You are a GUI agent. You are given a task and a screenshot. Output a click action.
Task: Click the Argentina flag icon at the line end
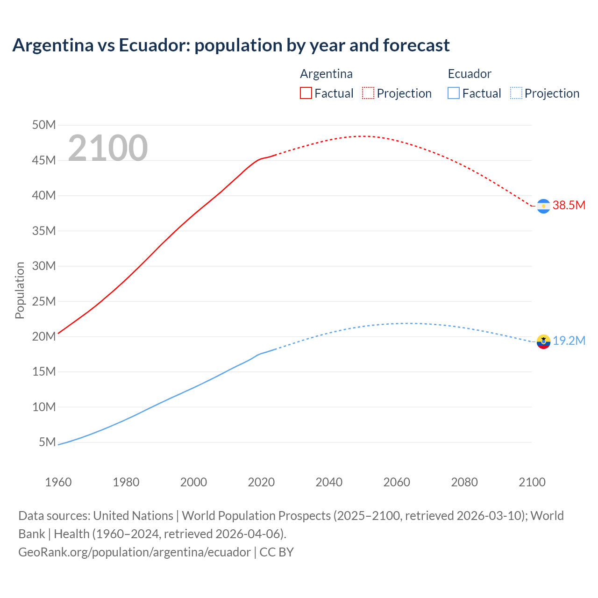[543, 206]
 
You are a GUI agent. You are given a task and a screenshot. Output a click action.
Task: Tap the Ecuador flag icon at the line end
[543, 342]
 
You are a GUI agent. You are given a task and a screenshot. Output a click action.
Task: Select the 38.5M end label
[569, 206]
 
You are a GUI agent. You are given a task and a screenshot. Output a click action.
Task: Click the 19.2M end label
[569, 341]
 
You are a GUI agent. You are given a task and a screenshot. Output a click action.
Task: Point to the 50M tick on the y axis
[44, 125]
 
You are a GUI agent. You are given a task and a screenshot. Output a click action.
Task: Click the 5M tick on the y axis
[47, 442]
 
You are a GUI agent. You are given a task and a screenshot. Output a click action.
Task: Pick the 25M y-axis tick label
[44, 301]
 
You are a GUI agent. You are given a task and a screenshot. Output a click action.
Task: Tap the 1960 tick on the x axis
[58, 482]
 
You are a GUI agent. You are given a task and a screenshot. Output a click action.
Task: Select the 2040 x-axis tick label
[329, 482]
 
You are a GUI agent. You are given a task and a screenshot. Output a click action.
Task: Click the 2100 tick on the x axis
[532, 482]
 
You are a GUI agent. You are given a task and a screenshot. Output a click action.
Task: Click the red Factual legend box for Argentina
[306, 93]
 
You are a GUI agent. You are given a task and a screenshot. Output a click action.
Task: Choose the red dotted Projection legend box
[368, 93]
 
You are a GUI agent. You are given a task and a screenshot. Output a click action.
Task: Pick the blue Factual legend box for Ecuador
[454, 93]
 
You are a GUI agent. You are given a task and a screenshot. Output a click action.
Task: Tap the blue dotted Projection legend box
[516, 93]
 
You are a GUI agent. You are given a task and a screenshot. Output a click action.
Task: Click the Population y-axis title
[20, 290]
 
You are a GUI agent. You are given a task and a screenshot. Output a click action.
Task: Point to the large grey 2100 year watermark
[108, 148]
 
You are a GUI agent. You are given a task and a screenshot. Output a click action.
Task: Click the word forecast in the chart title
[416, 45]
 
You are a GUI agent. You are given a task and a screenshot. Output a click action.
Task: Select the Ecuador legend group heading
[470, 74]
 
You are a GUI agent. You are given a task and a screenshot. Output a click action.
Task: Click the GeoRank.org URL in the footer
[135, 552]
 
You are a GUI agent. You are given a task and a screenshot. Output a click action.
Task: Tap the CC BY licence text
[277, 552]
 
